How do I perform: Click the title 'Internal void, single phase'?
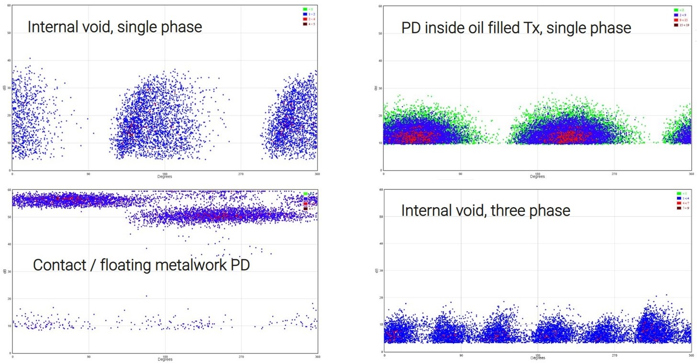[x=114, y=26]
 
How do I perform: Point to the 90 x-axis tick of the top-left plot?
[x=88, y=173]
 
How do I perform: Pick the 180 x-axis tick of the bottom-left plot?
[x=165, y=356]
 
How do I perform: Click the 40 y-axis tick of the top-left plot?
[x=9, y=60]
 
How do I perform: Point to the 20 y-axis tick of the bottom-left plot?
[x=9, y=299]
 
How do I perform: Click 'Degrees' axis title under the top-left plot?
[x=165, y=177]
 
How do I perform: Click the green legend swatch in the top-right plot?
[x=676, y=10]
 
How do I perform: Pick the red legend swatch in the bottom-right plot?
[x=678, y=203]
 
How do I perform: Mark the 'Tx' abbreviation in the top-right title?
[x=532, y=28]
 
